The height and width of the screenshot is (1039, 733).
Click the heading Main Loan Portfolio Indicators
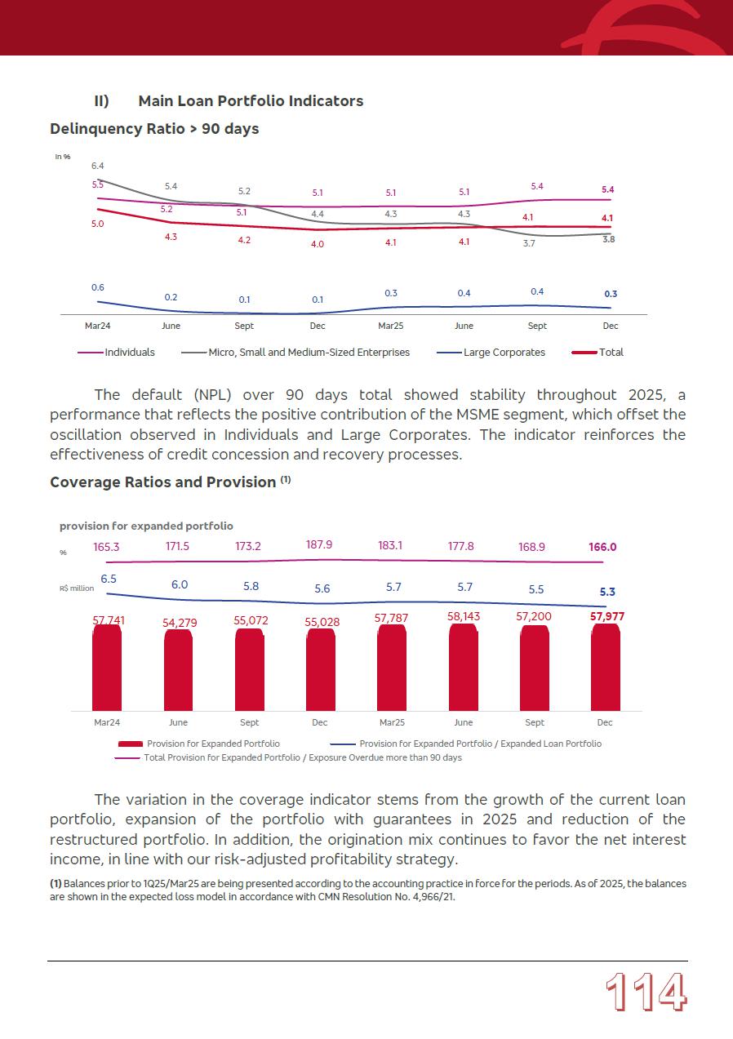tap(251, 101)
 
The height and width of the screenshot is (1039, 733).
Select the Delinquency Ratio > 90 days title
tap(154, 129)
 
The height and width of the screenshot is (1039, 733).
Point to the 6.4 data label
tap(97, 166)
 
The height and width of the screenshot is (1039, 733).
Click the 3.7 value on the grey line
tap(529, 243)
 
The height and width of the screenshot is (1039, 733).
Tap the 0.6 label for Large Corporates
tap(97, 287)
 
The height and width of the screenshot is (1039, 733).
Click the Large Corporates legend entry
tap(504, 353)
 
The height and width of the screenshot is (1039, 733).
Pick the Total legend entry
tap(611, 353)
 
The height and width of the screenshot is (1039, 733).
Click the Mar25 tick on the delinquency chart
tap(391, 326)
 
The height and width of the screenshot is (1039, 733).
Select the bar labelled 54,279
tap(179, 669)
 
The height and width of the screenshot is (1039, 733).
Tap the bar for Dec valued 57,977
tap(606, 667)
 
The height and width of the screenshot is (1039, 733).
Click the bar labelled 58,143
tap(463, 667)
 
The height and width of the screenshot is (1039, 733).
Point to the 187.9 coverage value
tap(319, 544)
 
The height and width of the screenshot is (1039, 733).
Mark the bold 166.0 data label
tap(602, 548)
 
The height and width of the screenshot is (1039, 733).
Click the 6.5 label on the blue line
tap(109, 579)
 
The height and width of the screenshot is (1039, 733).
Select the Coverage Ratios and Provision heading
tap(163, 482)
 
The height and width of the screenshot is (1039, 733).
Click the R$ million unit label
tap(77, 588)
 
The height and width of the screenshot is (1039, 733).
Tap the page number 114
tap(646, 993)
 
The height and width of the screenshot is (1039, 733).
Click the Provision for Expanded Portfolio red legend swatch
tap(131, 744)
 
